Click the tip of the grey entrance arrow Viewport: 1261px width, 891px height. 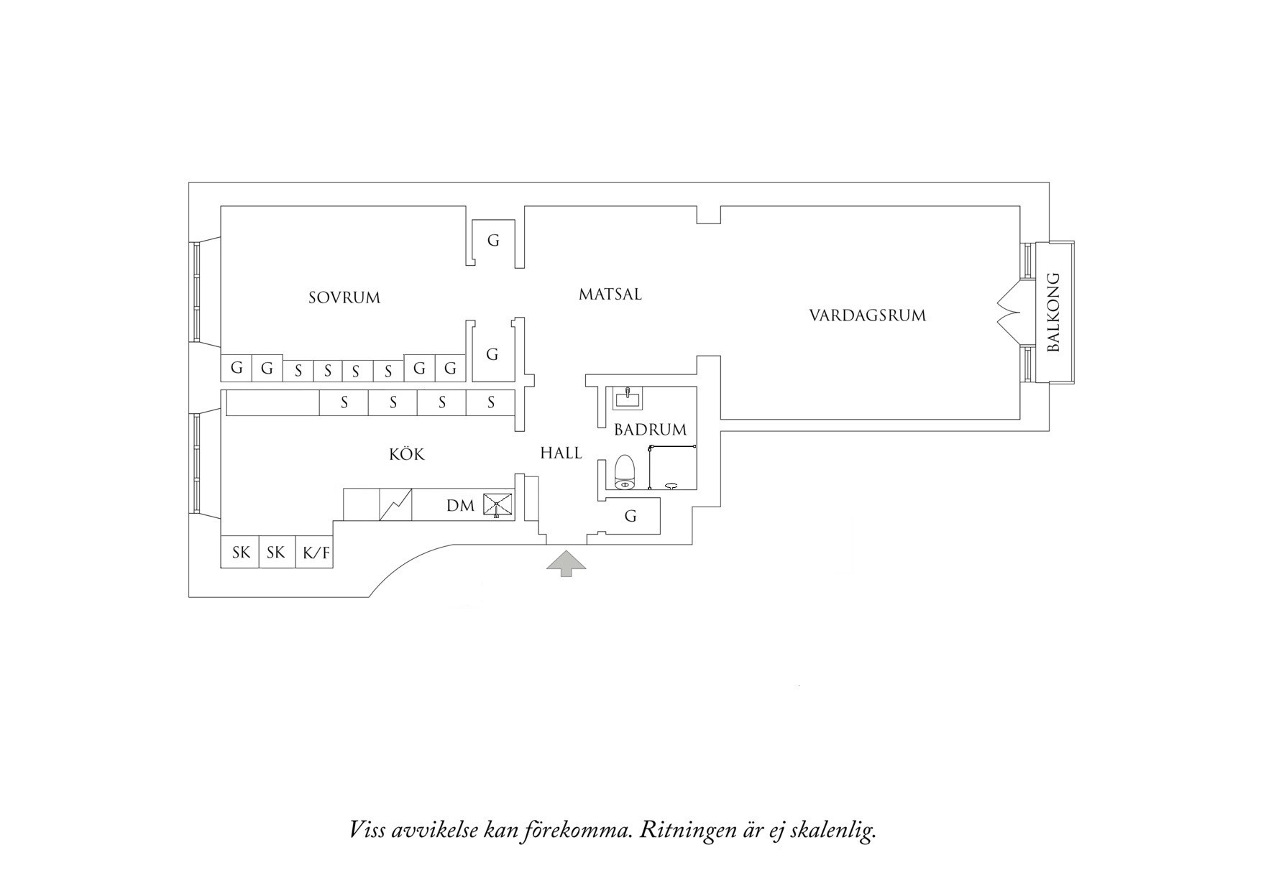(566, 550)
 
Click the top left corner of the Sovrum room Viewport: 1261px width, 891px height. (221, 207)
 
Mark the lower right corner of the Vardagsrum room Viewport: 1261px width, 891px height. (1020, 419)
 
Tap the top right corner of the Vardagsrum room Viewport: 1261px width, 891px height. (1020, 207)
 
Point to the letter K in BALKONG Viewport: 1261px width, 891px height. (1053, 321)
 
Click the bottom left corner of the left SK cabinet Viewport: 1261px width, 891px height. (221, 568)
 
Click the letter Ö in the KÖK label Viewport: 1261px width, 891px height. (407, 453)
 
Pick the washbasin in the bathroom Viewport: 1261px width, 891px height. (628, 397)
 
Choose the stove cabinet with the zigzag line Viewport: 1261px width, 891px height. (395, 504)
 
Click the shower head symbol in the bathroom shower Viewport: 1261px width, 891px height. (673, 485)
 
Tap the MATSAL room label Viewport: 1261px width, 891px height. (610, 294)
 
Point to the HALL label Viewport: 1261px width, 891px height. (561, 453)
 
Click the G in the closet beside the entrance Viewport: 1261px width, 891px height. (630, 516)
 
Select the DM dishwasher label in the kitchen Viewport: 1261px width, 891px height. (460, 506)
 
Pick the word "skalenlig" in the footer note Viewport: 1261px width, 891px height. (833, 831)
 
